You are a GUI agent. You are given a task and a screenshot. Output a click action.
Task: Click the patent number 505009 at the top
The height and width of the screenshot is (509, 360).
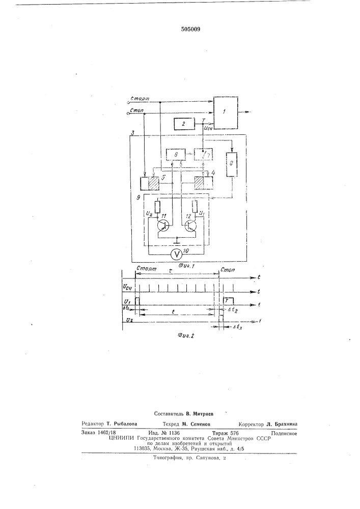tap(190, 30)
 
